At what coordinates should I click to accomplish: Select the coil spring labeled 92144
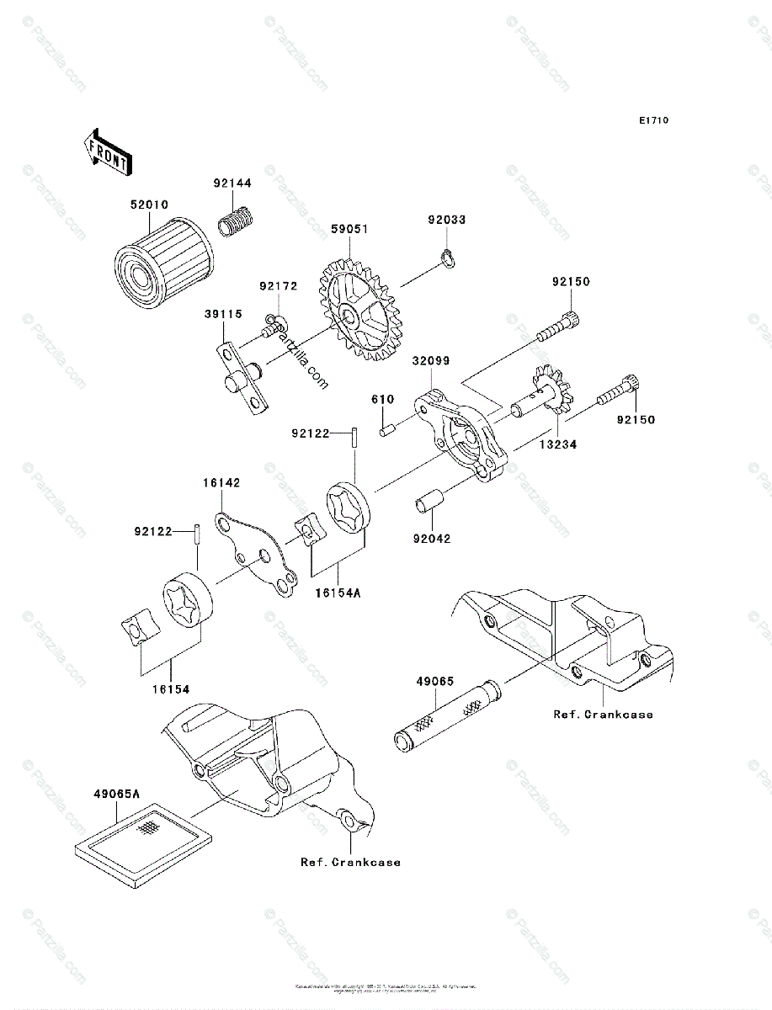237,223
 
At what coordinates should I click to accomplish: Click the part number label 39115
221,314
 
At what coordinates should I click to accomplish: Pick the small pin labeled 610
388,432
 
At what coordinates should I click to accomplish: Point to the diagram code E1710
652,121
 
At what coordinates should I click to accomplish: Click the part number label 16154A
339,593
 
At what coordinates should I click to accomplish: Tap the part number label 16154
171,688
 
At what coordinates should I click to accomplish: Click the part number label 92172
278,287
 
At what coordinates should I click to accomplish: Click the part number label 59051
349,228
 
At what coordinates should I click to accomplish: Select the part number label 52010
149,205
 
